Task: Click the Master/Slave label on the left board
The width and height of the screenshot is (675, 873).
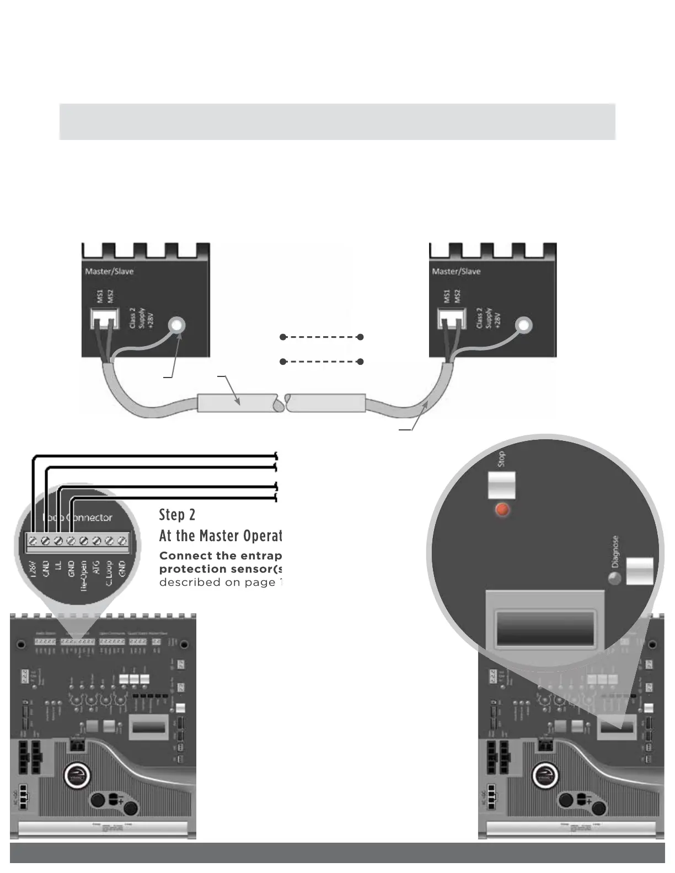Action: point(109,271)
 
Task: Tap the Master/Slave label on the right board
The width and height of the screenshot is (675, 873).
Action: point(456,271)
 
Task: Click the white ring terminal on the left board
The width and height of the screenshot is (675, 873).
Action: point(177,325)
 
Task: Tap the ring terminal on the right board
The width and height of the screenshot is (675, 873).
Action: point(523,325)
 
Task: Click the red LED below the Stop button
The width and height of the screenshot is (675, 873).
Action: point(502,509)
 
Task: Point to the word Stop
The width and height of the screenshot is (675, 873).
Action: point(501,459)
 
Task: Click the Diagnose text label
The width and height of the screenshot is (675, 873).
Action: point(615,552)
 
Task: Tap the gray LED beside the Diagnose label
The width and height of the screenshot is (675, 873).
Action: point(614,578)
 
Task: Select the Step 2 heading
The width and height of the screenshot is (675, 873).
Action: point(177,515)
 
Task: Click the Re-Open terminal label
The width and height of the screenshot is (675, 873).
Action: point(83,576)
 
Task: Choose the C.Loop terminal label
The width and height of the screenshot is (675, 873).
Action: point(109,574)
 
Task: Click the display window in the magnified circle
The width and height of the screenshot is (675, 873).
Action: point(545,628)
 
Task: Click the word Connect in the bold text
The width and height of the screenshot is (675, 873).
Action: point(185,556)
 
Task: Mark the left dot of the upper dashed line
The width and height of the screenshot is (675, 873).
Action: point(283,337)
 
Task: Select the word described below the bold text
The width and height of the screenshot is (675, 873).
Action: point(189,583)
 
